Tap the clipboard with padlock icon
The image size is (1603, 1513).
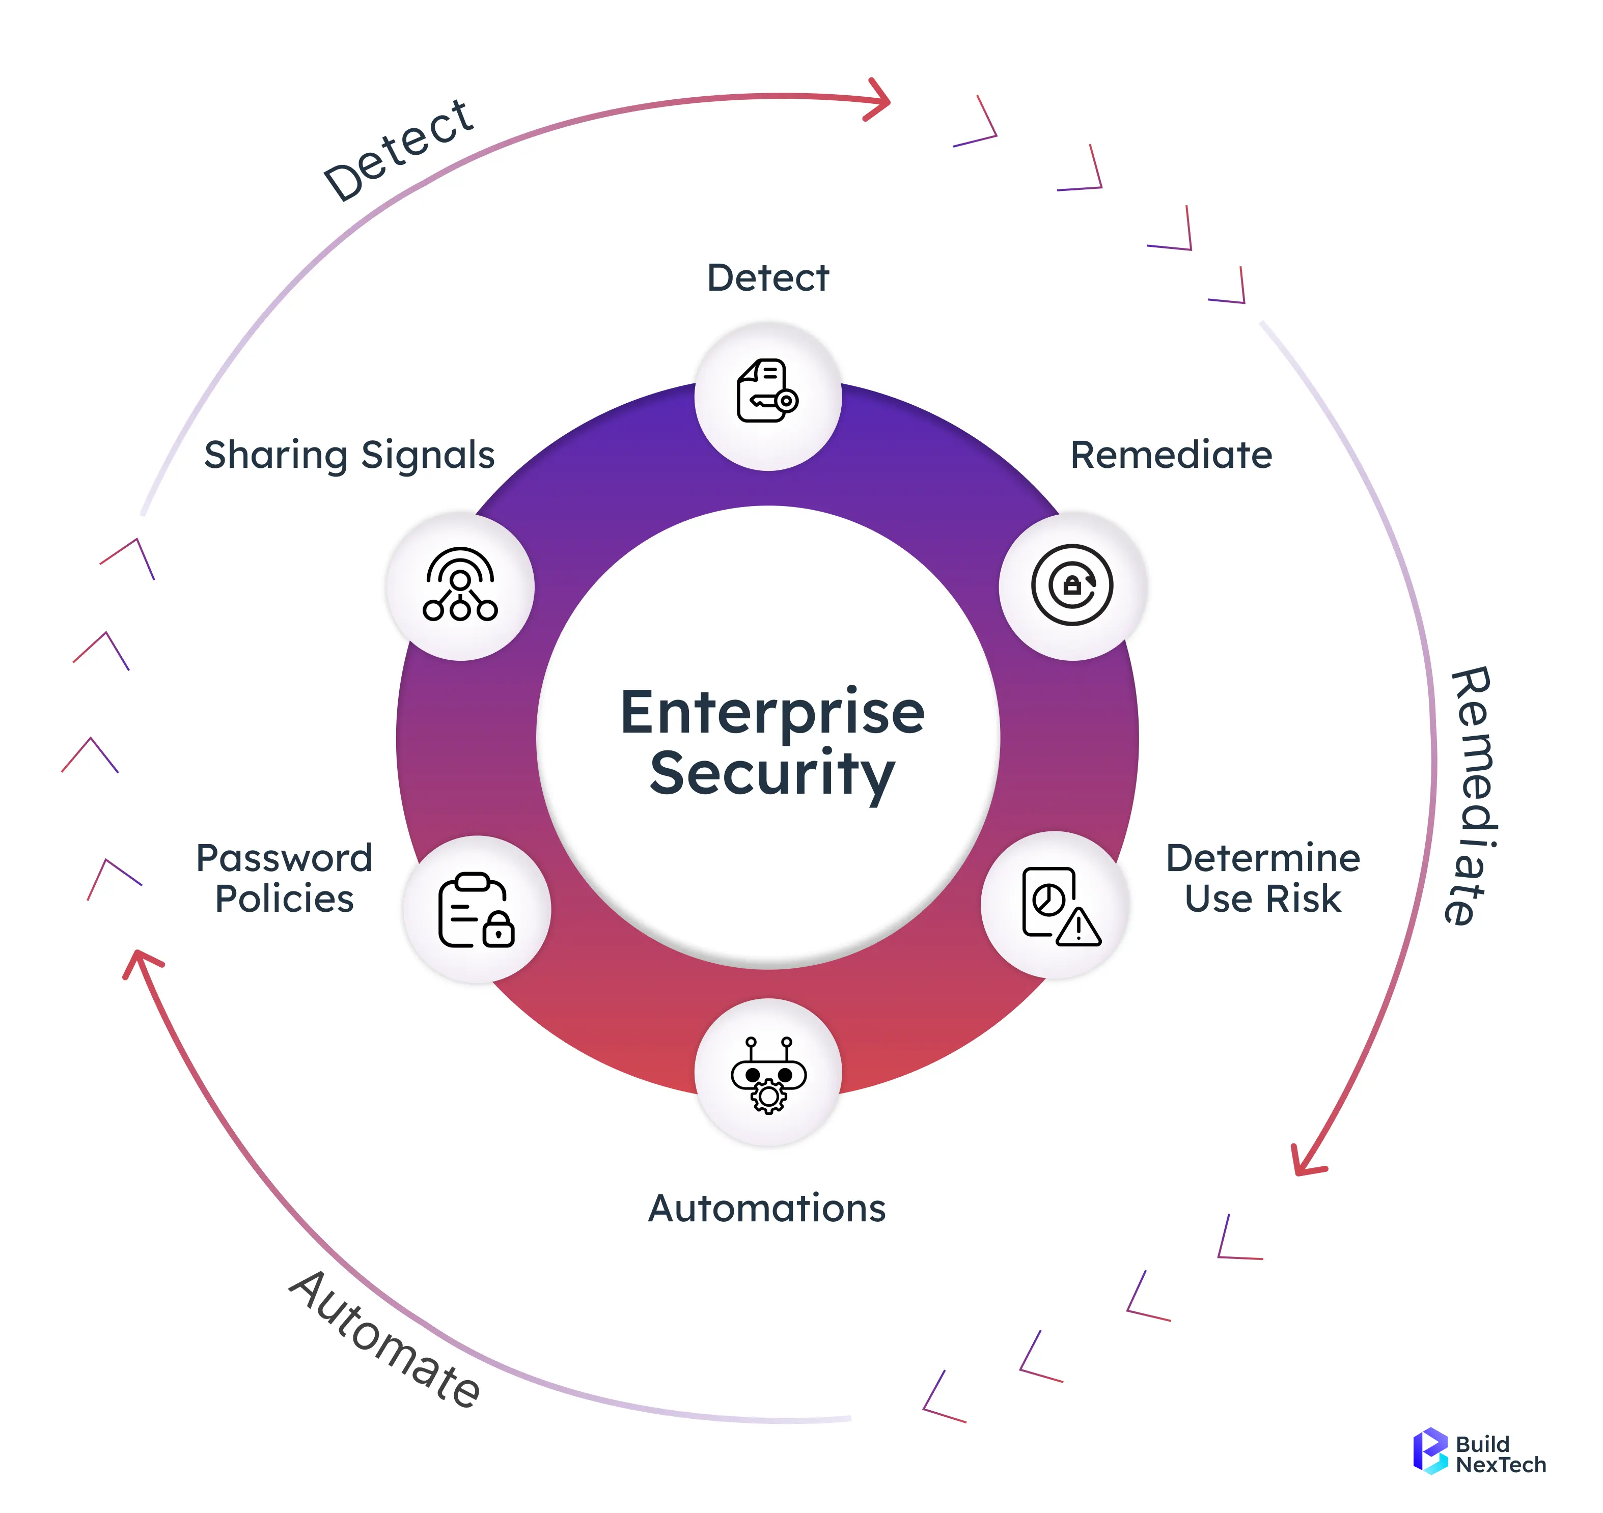[476, 910]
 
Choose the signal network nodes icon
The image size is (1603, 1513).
[460, 585]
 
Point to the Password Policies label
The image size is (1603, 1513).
[284, 878]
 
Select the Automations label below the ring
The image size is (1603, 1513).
[766, 1208]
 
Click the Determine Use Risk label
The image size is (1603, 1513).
[1262, 878]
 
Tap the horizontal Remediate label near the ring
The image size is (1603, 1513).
[1171, 455]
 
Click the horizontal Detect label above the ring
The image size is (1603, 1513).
[767, 278]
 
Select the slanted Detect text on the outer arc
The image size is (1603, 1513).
[399, 151]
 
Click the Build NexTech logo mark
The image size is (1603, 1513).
[1429, 1452]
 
